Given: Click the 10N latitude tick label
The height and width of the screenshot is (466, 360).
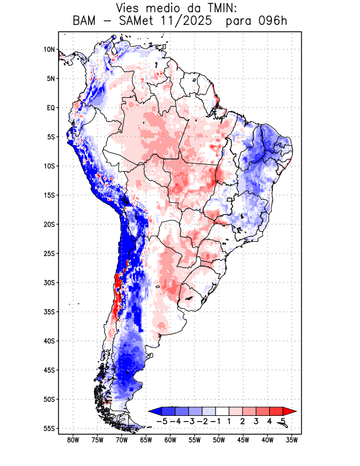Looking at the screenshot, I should pos(49,50).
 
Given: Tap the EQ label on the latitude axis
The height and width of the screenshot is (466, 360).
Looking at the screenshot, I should pos(51,108).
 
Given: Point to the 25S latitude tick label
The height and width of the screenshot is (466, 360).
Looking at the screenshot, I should pos(49,253).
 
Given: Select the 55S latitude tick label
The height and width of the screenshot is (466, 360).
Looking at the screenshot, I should pos(49,428).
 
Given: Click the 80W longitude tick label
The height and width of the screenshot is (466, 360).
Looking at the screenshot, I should pos(73,440).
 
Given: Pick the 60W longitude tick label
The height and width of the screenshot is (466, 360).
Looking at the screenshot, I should pos(170,440).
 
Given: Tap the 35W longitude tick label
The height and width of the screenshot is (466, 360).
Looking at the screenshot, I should pos(292,440).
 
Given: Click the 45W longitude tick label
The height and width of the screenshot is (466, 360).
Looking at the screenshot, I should pos(243,440).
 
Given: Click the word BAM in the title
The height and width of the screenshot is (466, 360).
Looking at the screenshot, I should pos(86,22).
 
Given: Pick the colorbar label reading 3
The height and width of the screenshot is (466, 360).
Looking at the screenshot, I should pos(256,421).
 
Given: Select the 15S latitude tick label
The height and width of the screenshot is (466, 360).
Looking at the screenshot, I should pos(49,195).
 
